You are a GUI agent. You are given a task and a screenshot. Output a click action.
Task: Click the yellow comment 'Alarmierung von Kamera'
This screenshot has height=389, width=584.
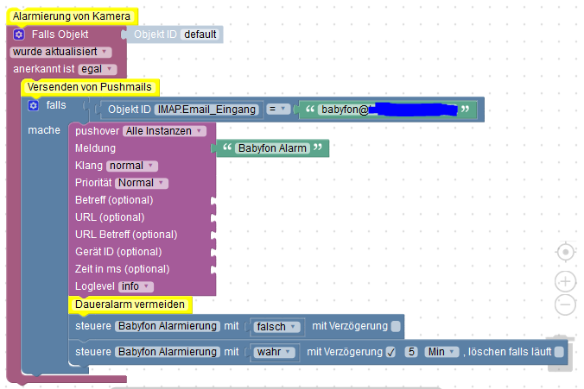click(71, 16)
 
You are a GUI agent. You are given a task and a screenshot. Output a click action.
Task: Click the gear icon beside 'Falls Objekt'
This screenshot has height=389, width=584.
click(19, 35)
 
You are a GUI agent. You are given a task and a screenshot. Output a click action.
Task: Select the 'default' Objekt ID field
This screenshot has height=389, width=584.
click(201, 35)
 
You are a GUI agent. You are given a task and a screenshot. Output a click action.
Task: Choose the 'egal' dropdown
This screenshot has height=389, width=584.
click(96, 69)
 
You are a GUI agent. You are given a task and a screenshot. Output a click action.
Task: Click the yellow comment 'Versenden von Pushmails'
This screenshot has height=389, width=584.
click(89, 87)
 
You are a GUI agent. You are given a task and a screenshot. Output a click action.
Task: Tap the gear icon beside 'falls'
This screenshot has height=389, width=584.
click(34, 105)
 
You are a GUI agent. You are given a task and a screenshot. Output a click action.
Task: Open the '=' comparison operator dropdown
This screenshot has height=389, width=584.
click(276, 110)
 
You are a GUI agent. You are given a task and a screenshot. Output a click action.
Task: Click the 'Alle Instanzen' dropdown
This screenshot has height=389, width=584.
click(164, 131)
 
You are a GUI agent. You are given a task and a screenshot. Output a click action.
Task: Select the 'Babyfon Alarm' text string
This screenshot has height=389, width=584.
click(273, 148)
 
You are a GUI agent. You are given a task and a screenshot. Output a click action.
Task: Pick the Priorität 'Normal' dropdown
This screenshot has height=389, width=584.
click(141, 183)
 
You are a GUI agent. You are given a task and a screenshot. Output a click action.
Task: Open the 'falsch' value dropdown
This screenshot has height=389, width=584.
click(276, 327)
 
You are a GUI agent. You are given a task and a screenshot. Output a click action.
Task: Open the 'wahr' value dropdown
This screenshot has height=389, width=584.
click(274, 352)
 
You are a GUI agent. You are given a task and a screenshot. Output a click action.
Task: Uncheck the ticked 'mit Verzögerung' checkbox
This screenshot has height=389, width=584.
click(390, 352)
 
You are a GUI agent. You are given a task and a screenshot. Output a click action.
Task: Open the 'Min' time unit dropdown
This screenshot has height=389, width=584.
click(441, 352)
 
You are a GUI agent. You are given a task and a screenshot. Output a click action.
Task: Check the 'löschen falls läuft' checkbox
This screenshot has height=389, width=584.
click(559, 352)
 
